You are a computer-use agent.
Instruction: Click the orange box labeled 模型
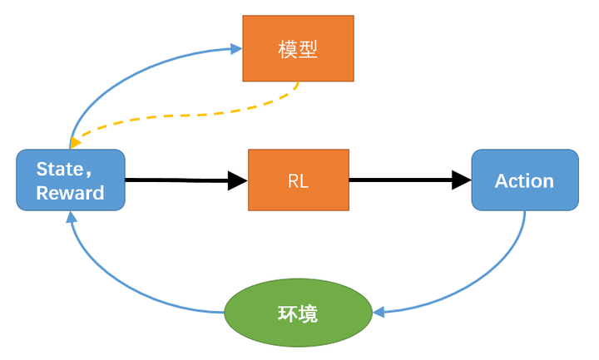[298, 48]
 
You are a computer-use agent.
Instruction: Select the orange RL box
[298, 180]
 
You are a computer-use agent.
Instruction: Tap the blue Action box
[524, 180]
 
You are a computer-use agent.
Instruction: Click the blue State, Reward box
[71, 180]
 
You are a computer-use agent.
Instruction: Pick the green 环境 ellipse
[298, 313]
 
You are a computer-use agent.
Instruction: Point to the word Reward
[71, 193]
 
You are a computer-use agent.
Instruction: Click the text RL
[298, 180]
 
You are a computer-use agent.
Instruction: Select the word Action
[524, 180]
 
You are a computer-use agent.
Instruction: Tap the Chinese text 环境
[298, 314]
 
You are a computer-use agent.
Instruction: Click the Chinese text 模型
[298, 49]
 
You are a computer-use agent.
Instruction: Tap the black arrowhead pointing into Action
[462, 180]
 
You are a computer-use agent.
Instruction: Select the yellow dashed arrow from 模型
[191, 114]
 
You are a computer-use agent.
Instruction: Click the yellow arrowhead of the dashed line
[76, 145]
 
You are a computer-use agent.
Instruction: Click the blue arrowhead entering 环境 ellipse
[379, 313]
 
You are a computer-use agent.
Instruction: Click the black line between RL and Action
[399, 180]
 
